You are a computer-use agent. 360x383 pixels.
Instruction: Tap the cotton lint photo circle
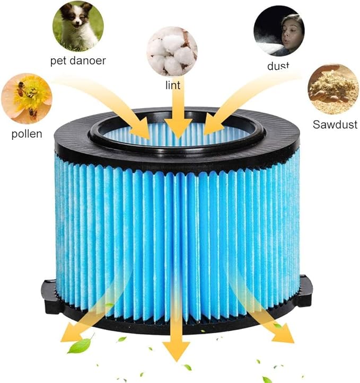172,51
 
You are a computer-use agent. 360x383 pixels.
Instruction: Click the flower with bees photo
26,99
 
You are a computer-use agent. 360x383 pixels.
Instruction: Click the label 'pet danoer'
78,60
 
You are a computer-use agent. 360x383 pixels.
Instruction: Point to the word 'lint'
172,85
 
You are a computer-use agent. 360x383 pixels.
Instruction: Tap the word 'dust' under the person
278,66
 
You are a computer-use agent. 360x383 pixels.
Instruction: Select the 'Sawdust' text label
335,125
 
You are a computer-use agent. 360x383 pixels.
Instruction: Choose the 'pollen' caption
27,133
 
